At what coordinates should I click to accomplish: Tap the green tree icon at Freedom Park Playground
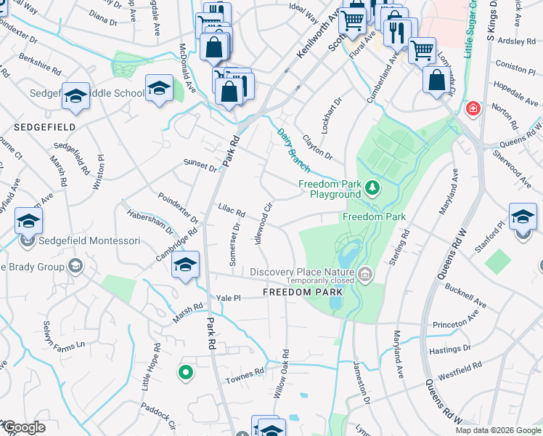(x=372, y=188)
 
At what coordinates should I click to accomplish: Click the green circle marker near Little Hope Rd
(x=186, y=373)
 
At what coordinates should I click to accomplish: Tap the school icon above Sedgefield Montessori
(x=29, y=221)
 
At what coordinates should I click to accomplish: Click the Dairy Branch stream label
(x=293, y=150)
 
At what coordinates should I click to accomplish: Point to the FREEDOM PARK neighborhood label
(x=303, y=292)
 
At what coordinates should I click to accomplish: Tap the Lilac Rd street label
(x=232, y=211)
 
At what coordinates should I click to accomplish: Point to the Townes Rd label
(x=245, y=374)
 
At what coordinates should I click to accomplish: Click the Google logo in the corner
(x=23, y=428)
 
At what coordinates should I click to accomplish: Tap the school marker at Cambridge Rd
(x=185, y=265)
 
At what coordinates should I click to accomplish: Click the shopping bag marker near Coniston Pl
(x=436, y=81)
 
